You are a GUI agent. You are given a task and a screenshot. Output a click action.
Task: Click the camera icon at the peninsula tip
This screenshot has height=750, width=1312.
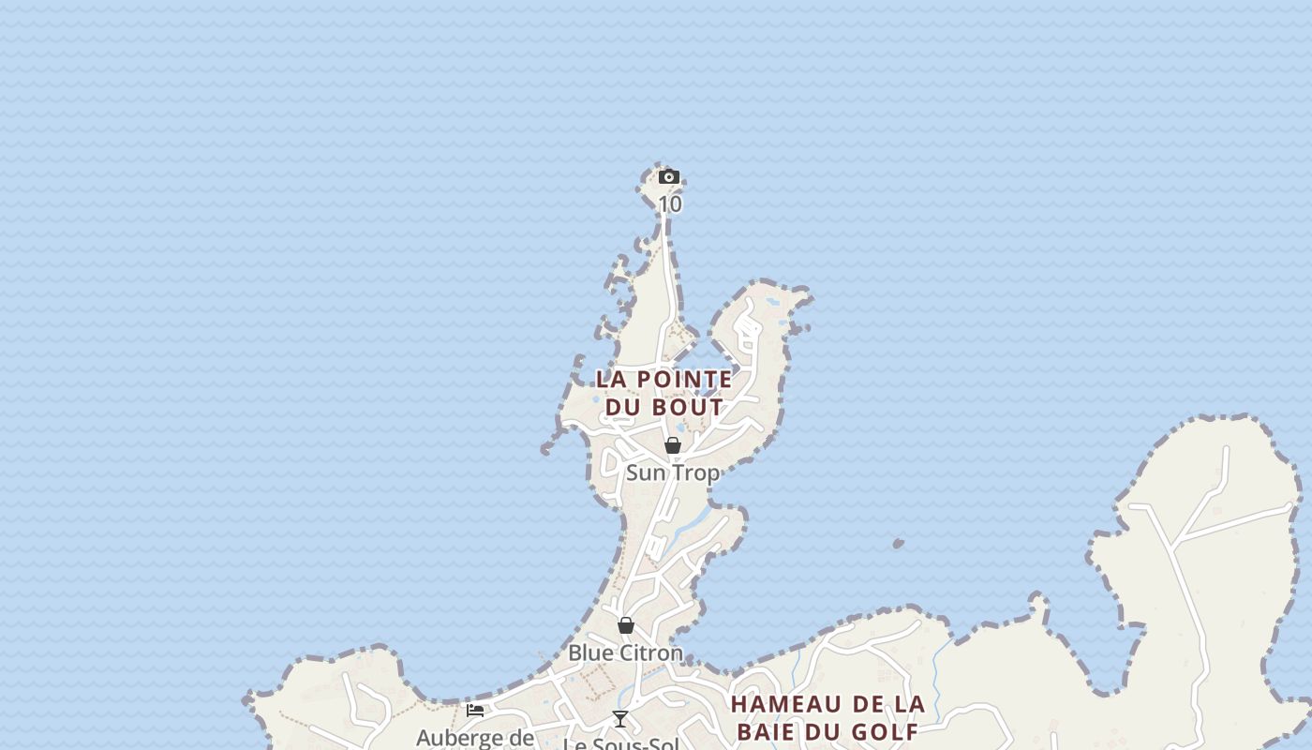pos(668,176)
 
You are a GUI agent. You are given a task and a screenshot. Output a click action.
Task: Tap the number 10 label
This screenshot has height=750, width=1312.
pos(670,203)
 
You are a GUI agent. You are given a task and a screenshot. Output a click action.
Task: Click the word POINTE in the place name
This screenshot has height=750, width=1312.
pos(685,380)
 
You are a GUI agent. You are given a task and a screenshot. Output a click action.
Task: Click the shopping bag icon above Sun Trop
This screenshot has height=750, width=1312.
pos(673,445)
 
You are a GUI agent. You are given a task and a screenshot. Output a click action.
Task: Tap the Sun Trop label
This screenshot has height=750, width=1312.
pos(672,472)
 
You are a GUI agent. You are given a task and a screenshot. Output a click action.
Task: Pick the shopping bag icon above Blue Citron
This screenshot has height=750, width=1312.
pos(626,625)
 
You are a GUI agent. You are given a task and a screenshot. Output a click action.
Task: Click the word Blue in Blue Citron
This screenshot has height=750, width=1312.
pos(588,652)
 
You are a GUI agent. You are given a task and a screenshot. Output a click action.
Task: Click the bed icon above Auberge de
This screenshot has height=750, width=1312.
pos(475,710)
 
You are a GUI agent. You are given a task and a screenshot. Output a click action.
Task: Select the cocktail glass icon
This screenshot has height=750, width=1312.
pos(619,719)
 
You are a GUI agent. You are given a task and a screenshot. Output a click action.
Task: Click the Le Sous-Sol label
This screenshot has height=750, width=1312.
pos(620,744)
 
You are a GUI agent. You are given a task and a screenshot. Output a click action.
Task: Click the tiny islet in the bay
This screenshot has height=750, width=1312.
pos(899,543)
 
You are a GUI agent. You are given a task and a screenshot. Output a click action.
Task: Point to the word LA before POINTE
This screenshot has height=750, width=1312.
pos(611,380)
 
